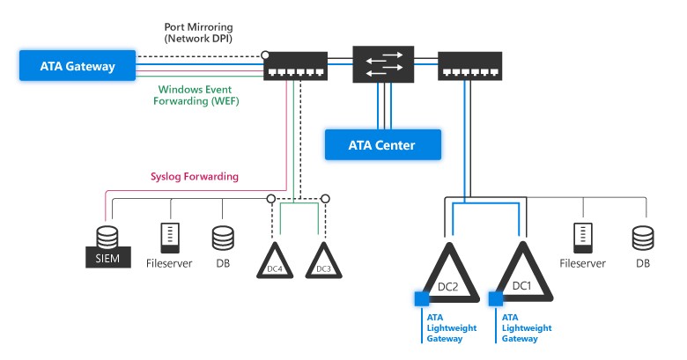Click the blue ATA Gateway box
point(78,65)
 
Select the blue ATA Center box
point(381,144)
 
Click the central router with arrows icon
point(383,63)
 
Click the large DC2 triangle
point(446,276)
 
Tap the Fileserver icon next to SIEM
point(169,239)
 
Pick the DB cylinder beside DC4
point(222,239)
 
